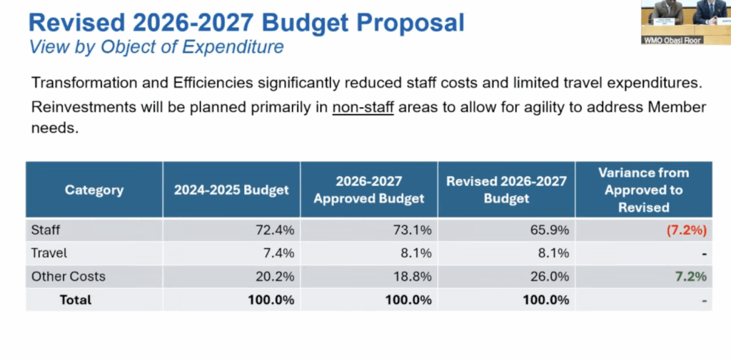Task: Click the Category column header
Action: tap(94, 190)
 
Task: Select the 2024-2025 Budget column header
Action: tap(231, 190)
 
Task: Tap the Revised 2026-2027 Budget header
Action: tap(506, 190)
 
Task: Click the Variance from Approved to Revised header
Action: tap(643, 190)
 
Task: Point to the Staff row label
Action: tap(46, 230)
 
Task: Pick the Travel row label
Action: tap(49, 253)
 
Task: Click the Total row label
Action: tap(75, 300)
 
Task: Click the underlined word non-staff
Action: tap(363, 108)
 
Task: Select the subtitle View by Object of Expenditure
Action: tap(156, 48)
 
